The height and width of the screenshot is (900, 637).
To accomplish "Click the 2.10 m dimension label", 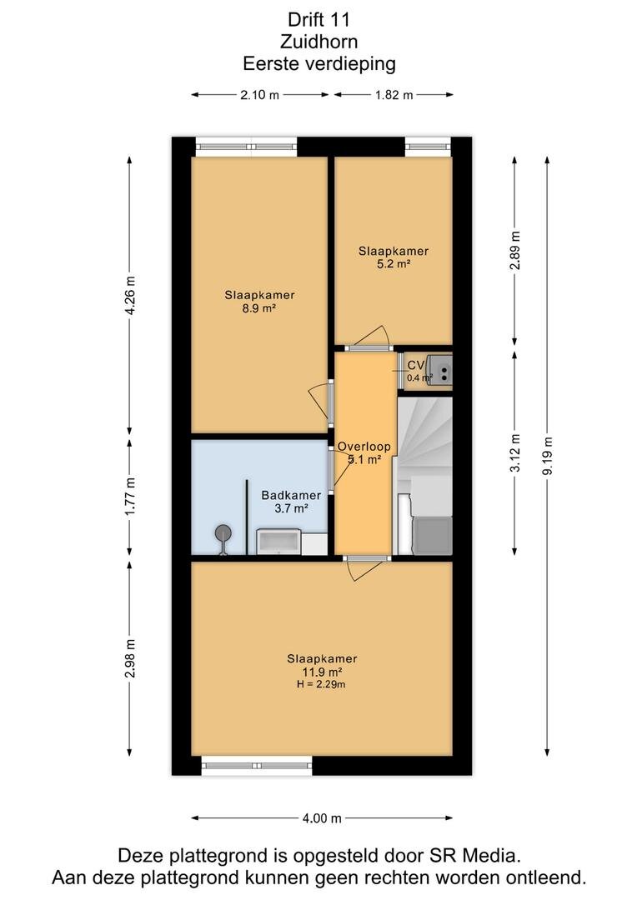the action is [259, 95].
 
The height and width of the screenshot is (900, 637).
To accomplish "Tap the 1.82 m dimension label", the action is [394, 95].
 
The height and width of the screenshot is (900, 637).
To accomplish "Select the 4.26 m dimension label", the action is [131, 295].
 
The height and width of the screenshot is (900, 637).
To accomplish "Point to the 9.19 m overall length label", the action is [548, 456].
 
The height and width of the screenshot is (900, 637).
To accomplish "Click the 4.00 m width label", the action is [322, 818].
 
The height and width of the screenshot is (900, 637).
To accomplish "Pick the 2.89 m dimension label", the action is [515, 250].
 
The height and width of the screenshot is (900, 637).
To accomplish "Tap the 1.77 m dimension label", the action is [131, 496].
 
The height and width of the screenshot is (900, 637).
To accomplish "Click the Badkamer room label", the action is [291, 495].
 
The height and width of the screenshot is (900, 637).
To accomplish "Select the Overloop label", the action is [364, 447].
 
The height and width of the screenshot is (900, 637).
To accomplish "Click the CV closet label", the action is [416, 365].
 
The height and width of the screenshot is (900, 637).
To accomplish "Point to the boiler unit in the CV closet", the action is [442, 370].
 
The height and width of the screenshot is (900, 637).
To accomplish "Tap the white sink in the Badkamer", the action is [278, 542].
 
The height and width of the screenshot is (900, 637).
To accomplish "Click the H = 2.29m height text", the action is [321, 684].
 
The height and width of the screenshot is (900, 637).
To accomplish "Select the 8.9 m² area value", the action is [259, 308].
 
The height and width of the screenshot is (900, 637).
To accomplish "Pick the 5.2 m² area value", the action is [393, 264].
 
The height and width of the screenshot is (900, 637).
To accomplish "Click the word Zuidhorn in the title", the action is [318, 42].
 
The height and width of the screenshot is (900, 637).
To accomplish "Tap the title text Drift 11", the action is [318, 19].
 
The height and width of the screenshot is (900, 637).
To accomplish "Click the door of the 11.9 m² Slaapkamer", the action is [364, 568].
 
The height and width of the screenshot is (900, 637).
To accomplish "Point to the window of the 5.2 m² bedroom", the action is [428, 147].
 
